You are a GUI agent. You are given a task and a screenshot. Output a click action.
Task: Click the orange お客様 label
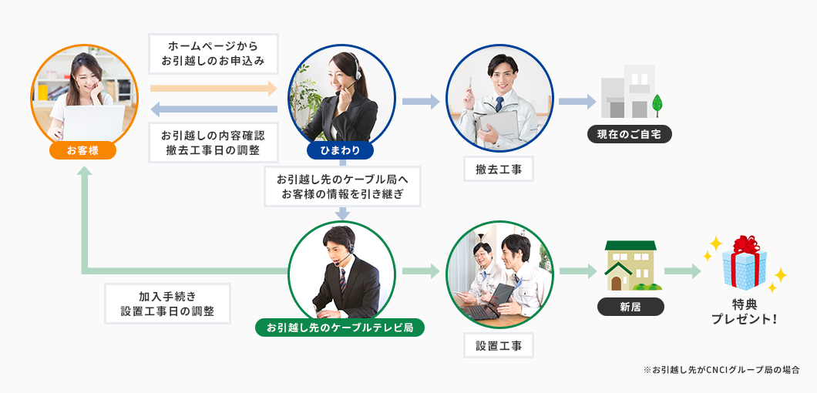(x=82, y=150)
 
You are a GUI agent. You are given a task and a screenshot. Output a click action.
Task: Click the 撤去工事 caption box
(x=499, y=169)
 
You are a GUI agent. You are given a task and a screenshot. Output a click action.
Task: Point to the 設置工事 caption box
(x=499, y=346)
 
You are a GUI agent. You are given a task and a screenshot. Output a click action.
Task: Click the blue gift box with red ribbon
(x=745, y=264)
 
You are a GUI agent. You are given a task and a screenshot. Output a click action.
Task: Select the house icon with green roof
(x=630, y=267)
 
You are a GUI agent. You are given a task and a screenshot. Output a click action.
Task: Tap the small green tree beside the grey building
(x=657, y=103)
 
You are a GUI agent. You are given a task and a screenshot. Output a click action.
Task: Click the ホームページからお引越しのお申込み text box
(x=213, y=53)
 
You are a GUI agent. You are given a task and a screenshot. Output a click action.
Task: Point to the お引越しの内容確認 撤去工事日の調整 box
(x=213, y=142)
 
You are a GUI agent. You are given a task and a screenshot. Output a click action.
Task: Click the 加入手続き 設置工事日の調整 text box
(x=167, y=304)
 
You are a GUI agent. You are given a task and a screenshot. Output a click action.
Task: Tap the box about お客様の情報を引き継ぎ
(x=342, y=186)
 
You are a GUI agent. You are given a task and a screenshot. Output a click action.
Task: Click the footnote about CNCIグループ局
(x=721, y=370)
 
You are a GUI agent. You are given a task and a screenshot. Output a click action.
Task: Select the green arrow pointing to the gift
(x=682, y=271)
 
